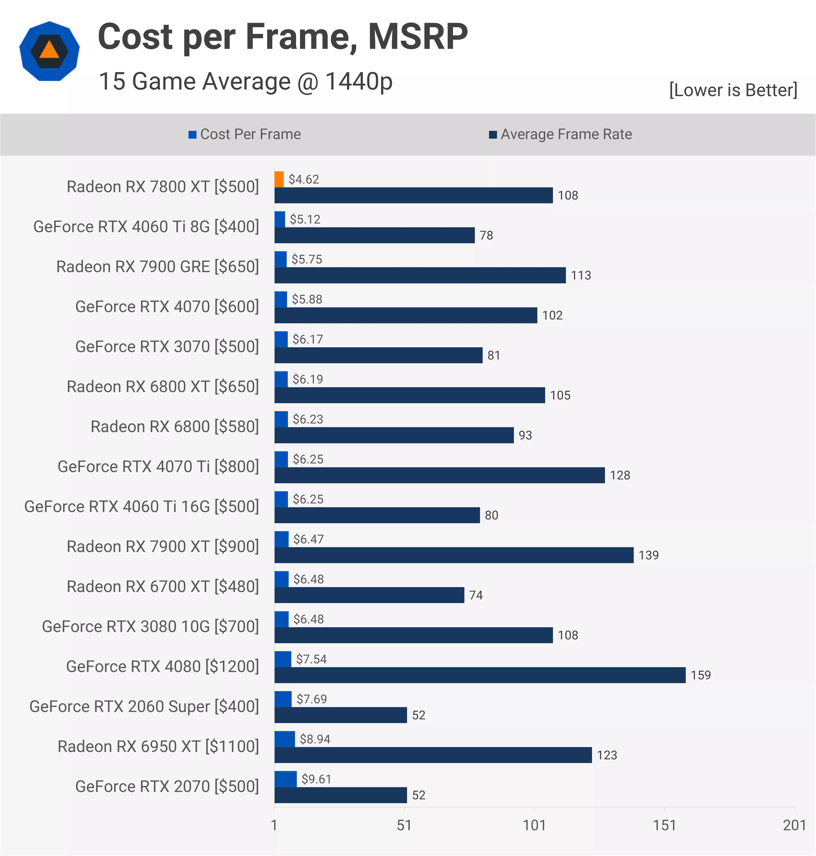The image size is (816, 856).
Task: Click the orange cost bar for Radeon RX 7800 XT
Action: click(279, 179)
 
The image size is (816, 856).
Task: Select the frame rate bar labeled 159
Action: click(480, 675)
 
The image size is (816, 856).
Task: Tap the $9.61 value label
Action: click(316, 779)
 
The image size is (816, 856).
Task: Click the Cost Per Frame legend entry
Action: click(244, 134)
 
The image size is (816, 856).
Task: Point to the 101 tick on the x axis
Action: click(534, 825)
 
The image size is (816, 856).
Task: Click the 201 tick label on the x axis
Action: click(794, 825)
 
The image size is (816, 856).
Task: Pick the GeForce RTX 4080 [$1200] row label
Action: click(162, 666)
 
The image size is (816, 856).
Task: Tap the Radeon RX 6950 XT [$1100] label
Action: click(158, 746)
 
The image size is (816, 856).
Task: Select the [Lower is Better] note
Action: click(733, 90)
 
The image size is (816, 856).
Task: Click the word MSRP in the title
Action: click(417, 37)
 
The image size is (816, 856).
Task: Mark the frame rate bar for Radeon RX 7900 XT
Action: click(454, 555)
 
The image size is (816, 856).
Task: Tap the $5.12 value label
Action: click(305, 219)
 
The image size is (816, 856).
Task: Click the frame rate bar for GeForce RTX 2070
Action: click(341, 795)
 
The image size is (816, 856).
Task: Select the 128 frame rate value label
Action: click(620, 475)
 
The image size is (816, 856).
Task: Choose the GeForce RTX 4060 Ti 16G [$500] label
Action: click(141, 506)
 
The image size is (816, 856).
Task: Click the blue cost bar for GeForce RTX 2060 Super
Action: click(283, 699)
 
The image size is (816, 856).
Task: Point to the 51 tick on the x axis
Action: click(404, 825)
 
